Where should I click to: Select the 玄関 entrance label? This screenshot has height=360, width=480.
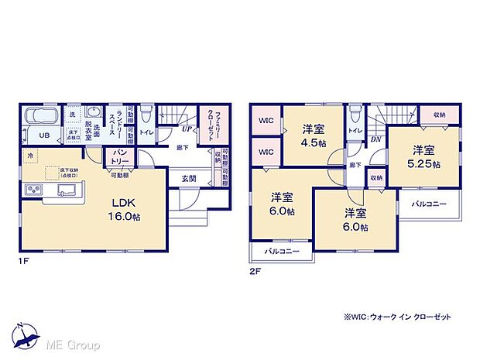pyautogui.click(x=189, y=179)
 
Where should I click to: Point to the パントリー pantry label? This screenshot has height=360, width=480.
pyautogui.click(x=121, y=156)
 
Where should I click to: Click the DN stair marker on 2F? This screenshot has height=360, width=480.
pyautogui.click(x=375, y=139)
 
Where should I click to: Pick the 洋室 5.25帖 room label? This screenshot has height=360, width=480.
pyautogui.click(x=425, y=156)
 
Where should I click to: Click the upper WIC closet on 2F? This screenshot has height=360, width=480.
pyautogui.click(x=265, y=120)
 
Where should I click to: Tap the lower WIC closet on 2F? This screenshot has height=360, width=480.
pyautogui.click(x=265, y=152)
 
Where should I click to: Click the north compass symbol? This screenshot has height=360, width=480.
pyautogui.click(x=22, y=334)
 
